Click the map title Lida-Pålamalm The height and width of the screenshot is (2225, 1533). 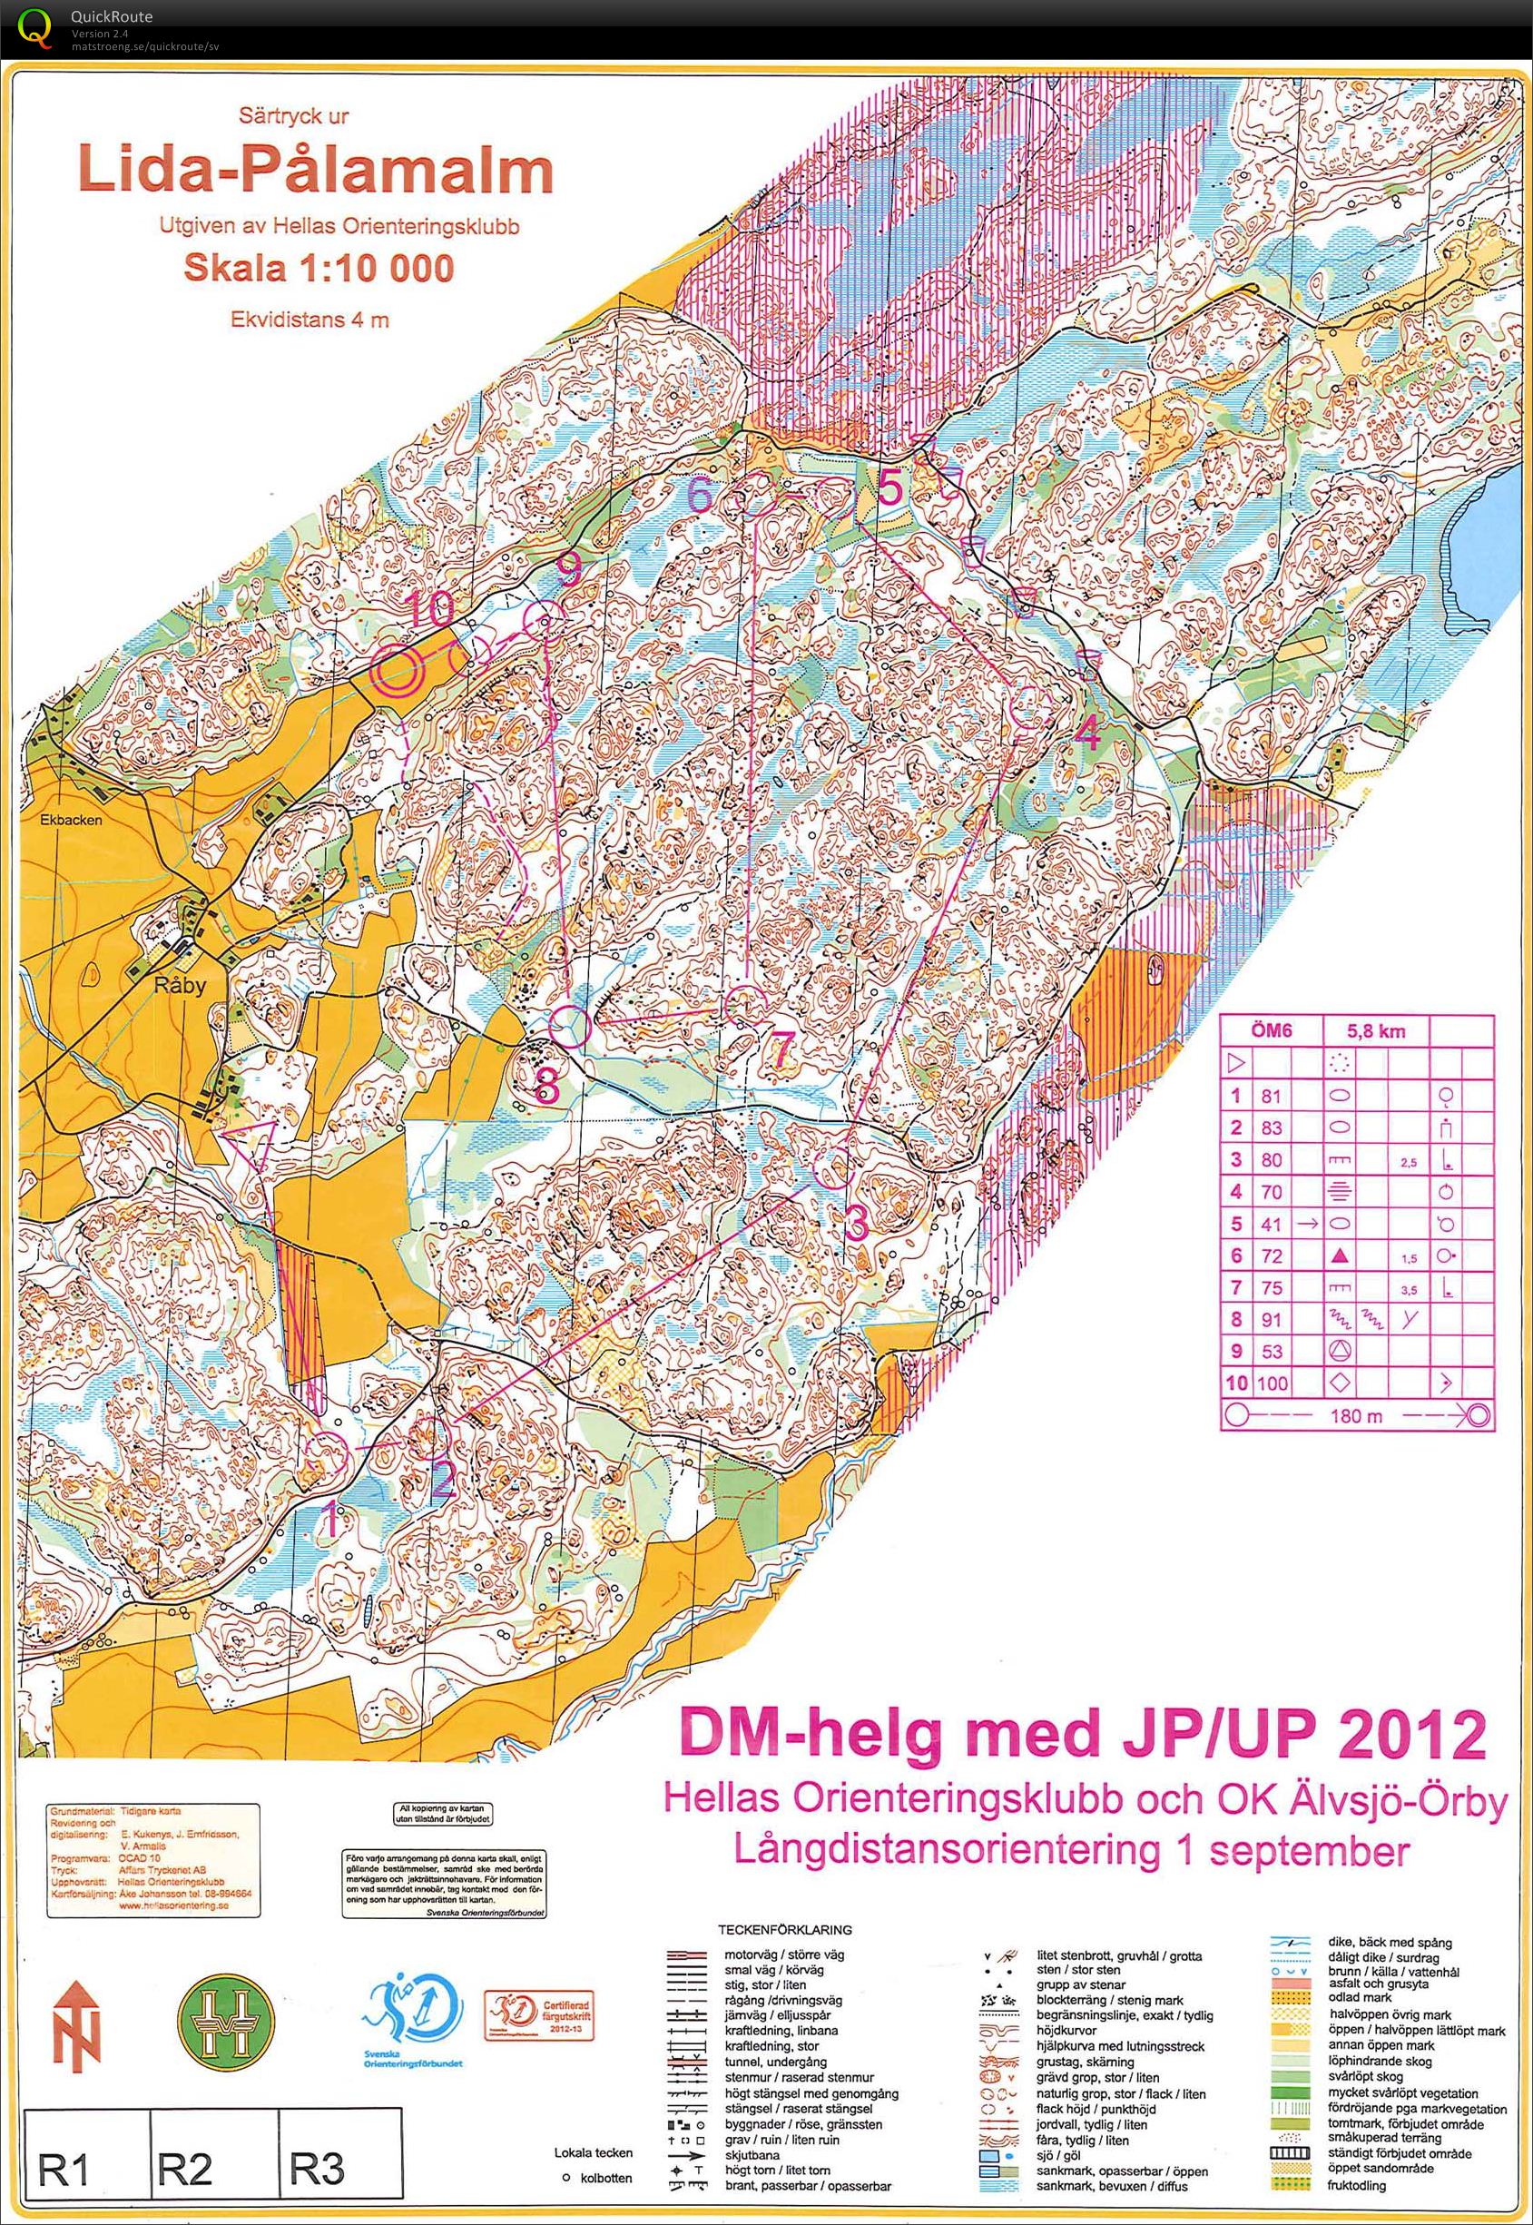(x=316, y=171)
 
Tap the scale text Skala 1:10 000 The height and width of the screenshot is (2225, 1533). (x=318, y=268)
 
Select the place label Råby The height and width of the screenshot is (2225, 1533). (x=181, y=986)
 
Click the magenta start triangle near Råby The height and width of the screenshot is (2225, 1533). (x=249, y=1144)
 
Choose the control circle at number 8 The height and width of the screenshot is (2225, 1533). (x=572, y=1025)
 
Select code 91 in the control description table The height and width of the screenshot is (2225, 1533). (x=1272, y=1320)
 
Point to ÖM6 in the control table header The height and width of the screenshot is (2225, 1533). (x=1272, y=1032)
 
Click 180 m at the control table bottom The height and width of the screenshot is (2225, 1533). (x=1356, y=1416)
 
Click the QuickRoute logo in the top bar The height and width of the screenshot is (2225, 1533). (x=35, y=26)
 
